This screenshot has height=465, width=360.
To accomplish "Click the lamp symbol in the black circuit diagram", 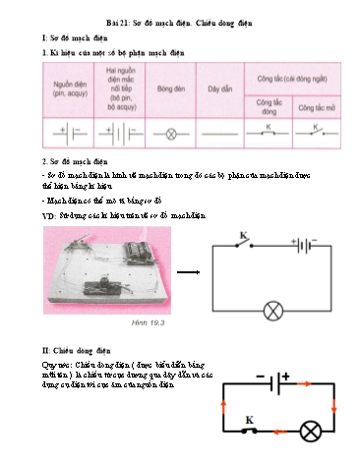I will [274, 311].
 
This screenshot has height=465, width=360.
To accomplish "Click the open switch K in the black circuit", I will [241, 243].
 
